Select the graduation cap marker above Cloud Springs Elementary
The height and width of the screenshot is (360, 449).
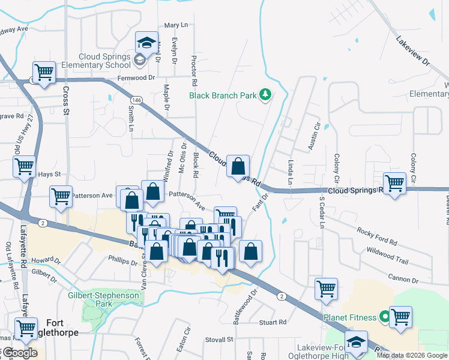(x=146, y=43)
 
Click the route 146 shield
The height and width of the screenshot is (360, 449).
(x=138, y=101)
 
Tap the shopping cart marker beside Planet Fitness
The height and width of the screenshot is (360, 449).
(x=400, y=317)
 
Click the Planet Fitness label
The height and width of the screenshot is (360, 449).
(x=351, y=317)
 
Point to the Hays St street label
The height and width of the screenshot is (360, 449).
(x=50, y=174)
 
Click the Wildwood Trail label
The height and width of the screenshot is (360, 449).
(x=387, y=255)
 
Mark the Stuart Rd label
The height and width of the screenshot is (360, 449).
(x=273, y=322)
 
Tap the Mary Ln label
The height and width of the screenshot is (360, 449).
(x=176, y=25)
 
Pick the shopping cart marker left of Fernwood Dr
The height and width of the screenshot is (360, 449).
(x=44, y=72)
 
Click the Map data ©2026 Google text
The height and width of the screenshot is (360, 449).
(x=412, y=355)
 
